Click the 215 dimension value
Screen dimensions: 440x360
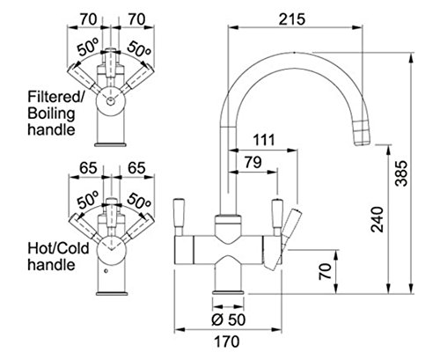292,19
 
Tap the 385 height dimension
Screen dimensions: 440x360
401,173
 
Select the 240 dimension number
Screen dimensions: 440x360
377,219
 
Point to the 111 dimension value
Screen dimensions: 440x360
264,140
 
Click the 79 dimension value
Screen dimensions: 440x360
253,162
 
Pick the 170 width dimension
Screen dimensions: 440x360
227,342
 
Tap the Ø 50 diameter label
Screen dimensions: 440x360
228,320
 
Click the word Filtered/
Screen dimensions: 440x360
56,97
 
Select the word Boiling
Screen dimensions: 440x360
51,114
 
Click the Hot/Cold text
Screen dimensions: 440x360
58,248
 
